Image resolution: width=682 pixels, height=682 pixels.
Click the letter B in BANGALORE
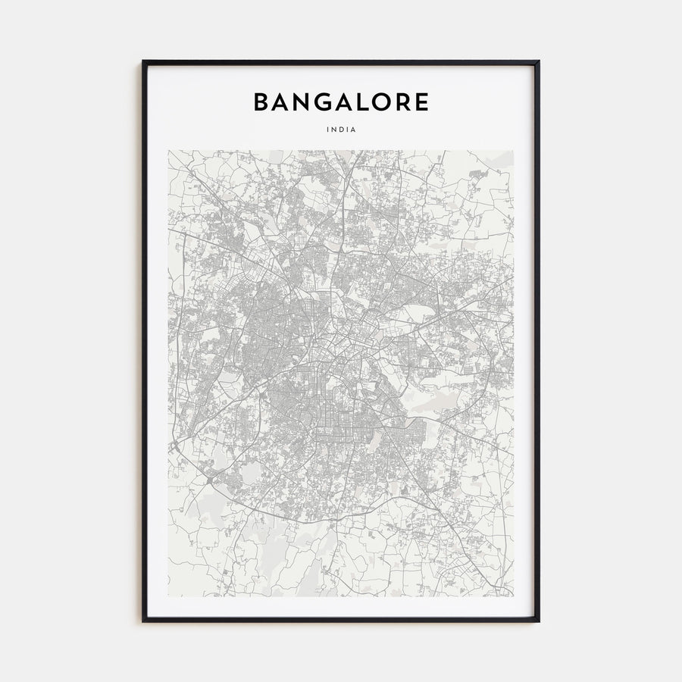[x=261, y=102]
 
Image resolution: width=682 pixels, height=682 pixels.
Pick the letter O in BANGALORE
[x=389, y=102]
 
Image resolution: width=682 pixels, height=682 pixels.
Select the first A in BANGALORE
[x=282, y=102]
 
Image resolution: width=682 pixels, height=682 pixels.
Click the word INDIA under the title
[x=341, y=130]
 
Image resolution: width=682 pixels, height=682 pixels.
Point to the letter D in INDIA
[x=341, y=130]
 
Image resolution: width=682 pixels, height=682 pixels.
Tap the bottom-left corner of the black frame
[x=143, y=621]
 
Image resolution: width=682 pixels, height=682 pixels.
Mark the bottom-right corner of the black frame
[x=539, y=621]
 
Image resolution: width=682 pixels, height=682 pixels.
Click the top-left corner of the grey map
[x=168, y=150]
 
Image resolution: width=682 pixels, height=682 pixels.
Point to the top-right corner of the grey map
[x=514, y=150]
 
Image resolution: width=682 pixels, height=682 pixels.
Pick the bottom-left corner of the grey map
[x=168, y=596]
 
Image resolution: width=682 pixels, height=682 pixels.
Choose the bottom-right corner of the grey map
[x=514, y=596]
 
